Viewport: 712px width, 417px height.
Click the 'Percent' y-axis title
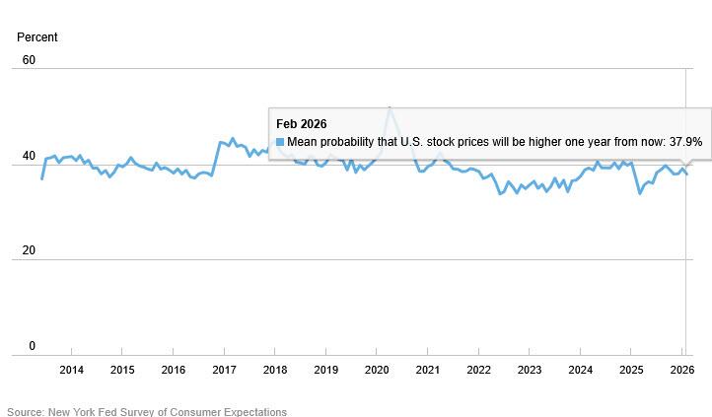37,37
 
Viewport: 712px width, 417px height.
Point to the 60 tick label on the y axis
29,60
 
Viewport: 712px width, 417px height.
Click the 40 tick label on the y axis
29,156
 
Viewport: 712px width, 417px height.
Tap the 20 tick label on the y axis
29,250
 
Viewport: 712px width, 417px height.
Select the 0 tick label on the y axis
32,346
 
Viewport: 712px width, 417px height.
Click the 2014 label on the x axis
71,371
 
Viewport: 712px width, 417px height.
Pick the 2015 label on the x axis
122,371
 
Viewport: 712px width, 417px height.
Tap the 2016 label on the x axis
173,371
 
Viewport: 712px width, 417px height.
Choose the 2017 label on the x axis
224,371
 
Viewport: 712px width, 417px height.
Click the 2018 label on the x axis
275,371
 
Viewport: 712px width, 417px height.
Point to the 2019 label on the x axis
326,371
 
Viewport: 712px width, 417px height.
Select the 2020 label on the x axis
377,371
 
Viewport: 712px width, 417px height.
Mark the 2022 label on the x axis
478,371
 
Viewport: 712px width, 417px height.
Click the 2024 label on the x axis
581,371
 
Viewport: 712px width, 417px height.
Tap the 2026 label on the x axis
682,371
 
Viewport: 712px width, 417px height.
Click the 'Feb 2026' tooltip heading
301,123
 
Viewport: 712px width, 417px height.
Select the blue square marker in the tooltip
280,142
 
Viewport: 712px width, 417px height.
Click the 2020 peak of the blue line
390,107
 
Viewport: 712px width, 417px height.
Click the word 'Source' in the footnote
26,411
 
